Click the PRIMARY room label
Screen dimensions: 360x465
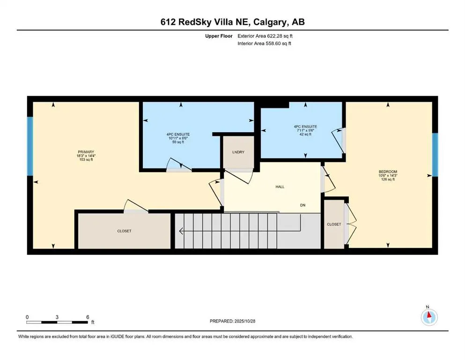[x=86, y=152]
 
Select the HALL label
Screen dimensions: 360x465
[x=280, y=187]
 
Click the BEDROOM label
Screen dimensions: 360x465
[x=388, y=172]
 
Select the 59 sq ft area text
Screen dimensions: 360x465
[x=180, y=142]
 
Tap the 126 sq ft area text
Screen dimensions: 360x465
[x=388, y=180]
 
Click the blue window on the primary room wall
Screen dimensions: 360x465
[x=30, y=146]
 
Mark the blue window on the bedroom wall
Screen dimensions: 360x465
[x=434, y=155]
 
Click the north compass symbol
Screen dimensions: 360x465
[x=429, y=316]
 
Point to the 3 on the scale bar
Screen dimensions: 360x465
[x=57, y=317]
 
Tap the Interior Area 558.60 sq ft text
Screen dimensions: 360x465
[x=265, y=44]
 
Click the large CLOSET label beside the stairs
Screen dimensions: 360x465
[x=124, y=231]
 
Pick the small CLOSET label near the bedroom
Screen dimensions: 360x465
[x=334, y=225]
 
